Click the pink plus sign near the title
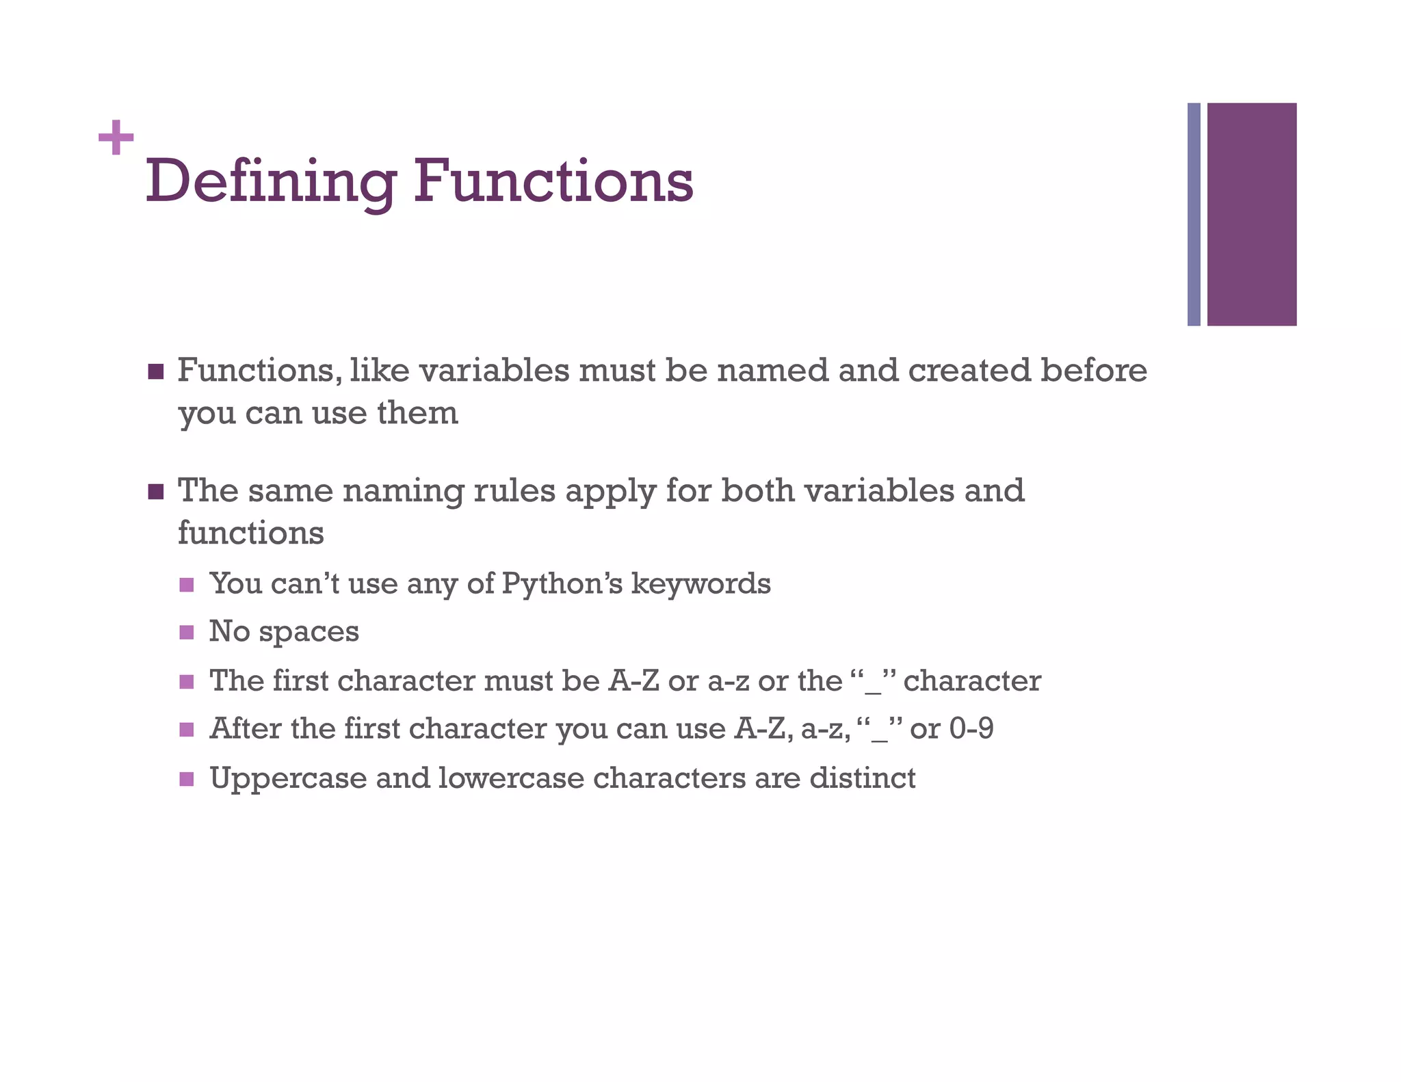pyautogui.click(x=116, y=137)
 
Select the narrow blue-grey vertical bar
pyautogui.click(x=1193, y=214)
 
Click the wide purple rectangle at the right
pyautogui.click(x=1251, y=214)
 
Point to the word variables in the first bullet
pyautogui.click(x=493, y=371)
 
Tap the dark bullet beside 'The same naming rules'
pyautogui.click(x=156, y=492)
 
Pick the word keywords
pyautogui.click(x=700, y=584)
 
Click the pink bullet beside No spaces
pyautogui.click(x=187, y=633)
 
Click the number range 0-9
pyautogui.click(x=971, y=729)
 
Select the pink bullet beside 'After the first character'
pyautogui.click(x=187, y=730)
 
